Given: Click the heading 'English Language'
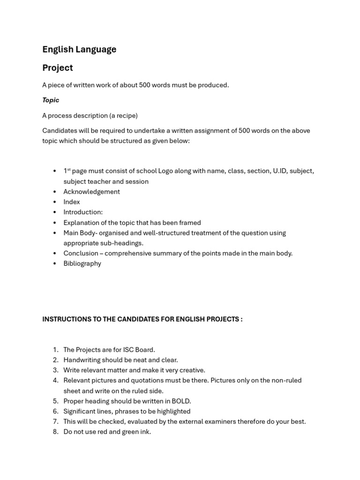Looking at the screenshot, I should coord(79,49).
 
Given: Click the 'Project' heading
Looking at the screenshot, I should coord(58,67).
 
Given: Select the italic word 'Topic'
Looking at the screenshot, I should coord(51,100).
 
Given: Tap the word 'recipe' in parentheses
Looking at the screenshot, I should coord(125,115).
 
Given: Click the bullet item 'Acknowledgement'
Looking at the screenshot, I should coord(91,192).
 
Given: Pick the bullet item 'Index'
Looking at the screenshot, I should coord(72,202).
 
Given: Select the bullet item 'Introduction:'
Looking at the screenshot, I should coord(83,212).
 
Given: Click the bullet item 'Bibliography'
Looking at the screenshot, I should coord(82,263).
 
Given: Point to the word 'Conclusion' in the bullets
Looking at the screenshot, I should coord(81,253).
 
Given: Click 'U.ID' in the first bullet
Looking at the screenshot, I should coord(279,171).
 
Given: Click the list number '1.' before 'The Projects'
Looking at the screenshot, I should coord(55,350).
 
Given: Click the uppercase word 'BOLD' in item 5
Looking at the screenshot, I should coord(180,401).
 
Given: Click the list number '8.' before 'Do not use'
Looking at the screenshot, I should coord(55,432).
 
